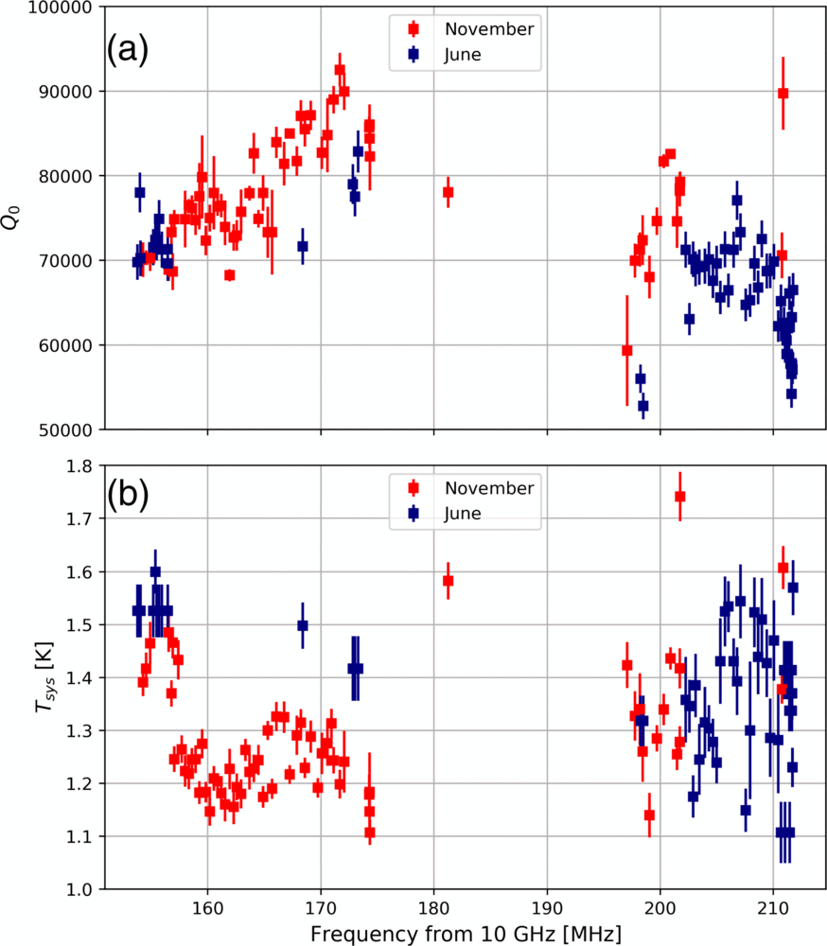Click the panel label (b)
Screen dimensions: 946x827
127,496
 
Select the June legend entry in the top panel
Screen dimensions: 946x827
462,55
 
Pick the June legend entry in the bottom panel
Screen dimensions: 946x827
462,514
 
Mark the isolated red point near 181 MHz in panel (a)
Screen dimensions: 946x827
449,192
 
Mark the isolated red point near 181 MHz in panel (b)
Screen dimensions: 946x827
449,580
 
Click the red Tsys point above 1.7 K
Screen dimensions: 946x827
679,497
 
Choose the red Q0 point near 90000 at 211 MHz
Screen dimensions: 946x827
783,93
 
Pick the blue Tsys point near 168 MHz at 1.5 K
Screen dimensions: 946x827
303,625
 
